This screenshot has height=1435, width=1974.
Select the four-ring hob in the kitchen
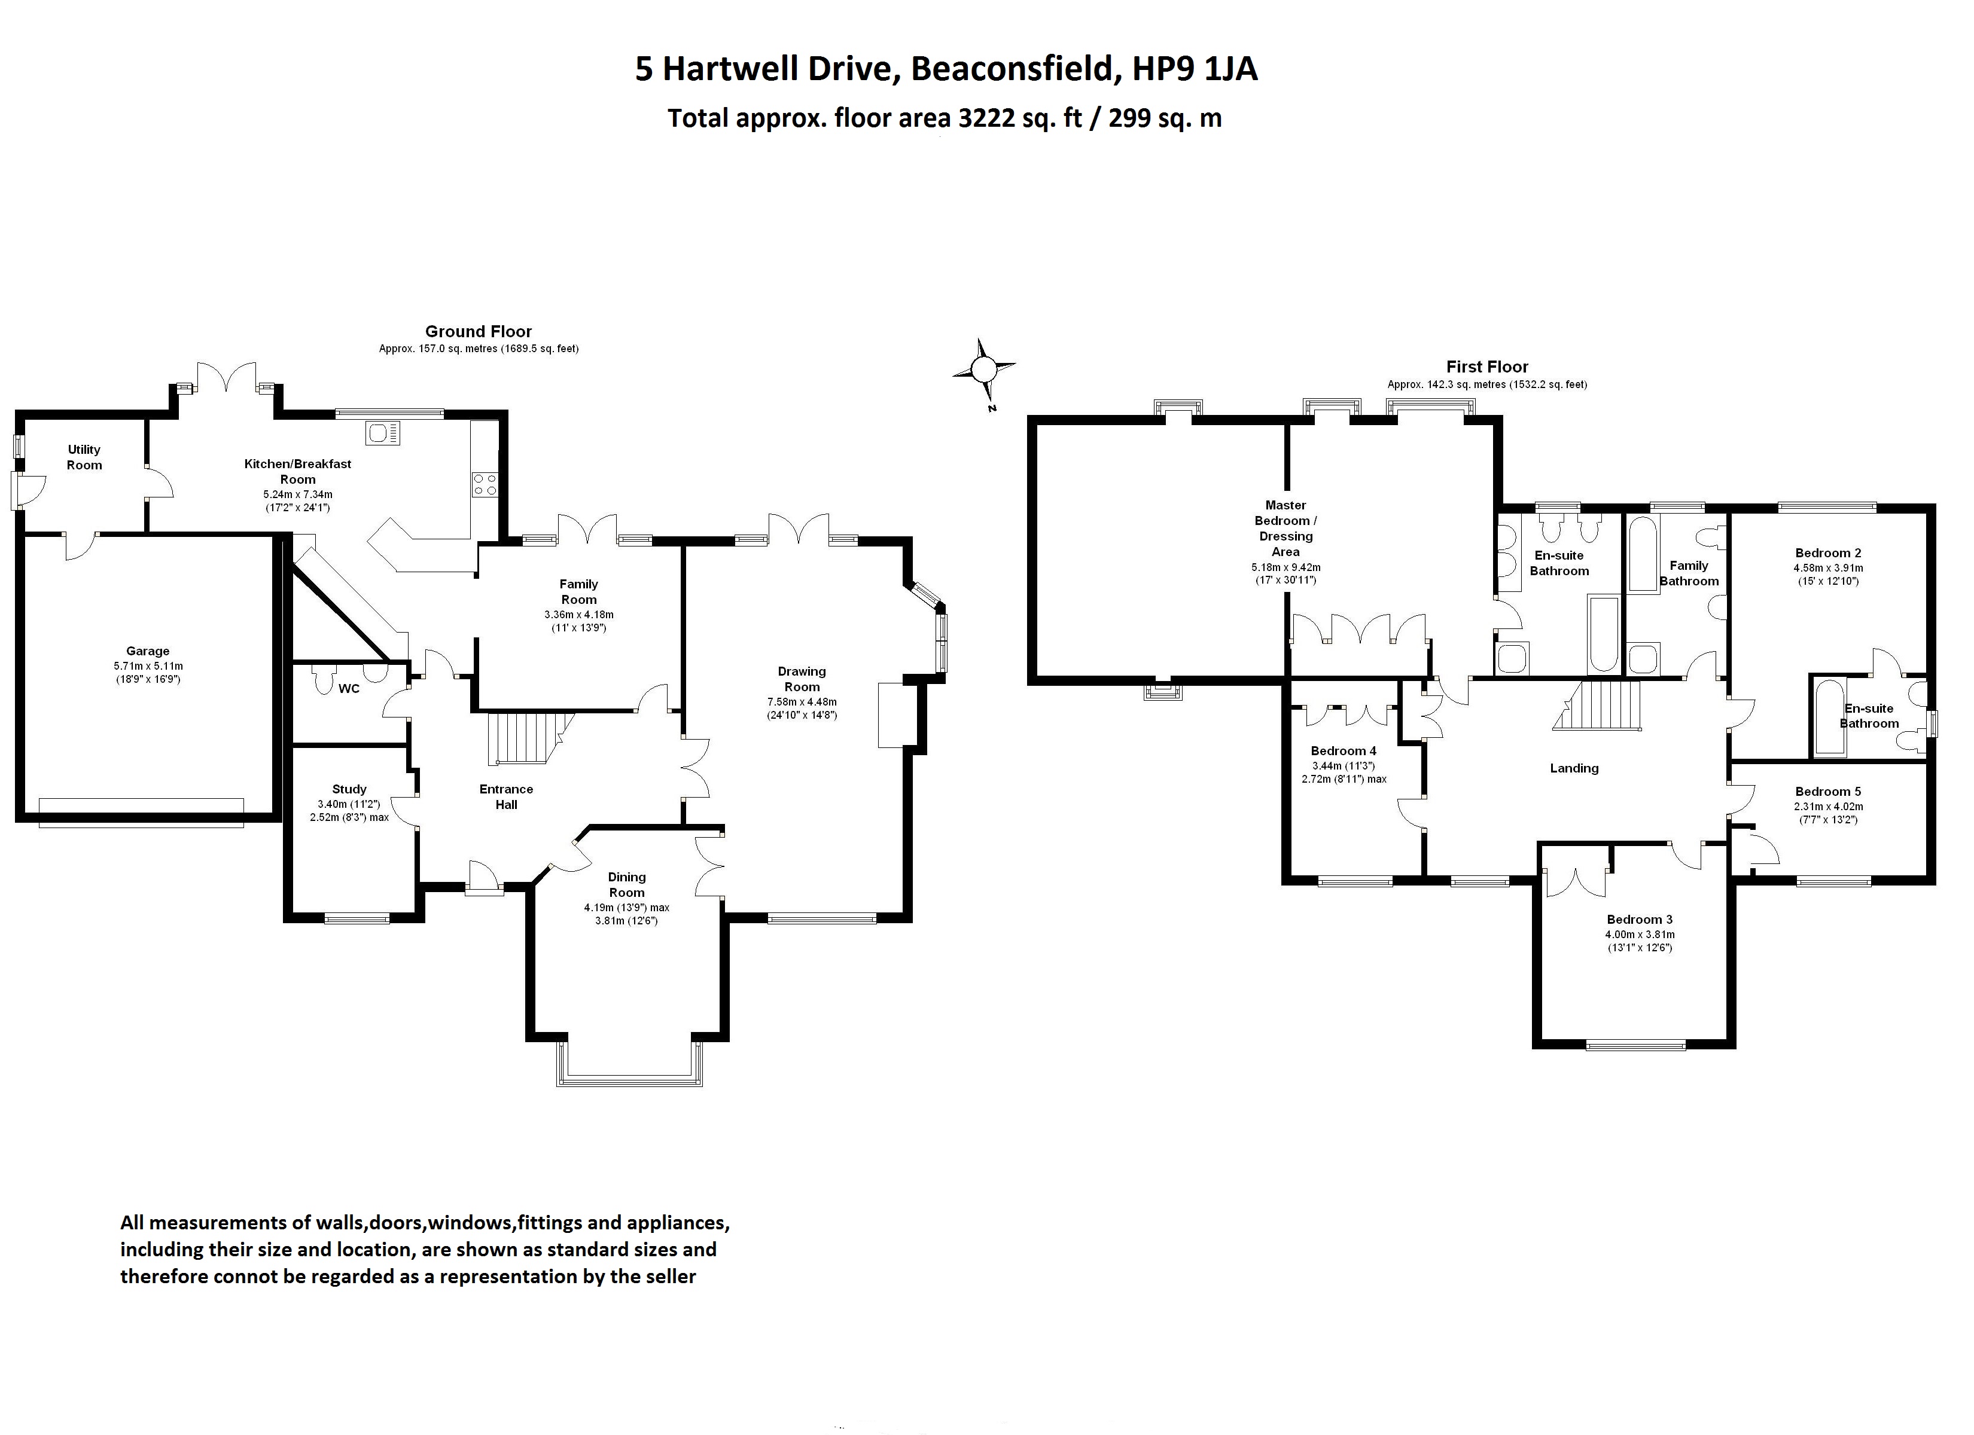point(485,485)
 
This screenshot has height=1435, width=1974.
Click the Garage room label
point(148,651)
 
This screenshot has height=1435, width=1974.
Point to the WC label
point(349,688)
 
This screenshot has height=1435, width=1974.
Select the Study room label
point(349,789)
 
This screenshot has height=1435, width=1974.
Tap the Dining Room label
point(627,884)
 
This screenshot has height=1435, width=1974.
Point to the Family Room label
point(579,592)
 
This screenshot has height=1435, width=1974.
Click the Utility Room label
point(84,457)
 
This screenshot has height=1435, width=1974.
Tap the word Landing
point(1574,768)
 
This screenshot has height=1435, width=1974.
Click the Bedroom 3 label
point(1640,920)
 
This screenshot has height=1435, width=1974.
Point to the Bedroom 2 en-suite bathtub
point(1829,718)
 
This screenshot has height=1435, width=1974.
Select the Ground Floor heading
point(478,332)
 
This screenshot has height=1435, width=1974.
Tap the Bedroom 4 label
point(1344,751)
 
